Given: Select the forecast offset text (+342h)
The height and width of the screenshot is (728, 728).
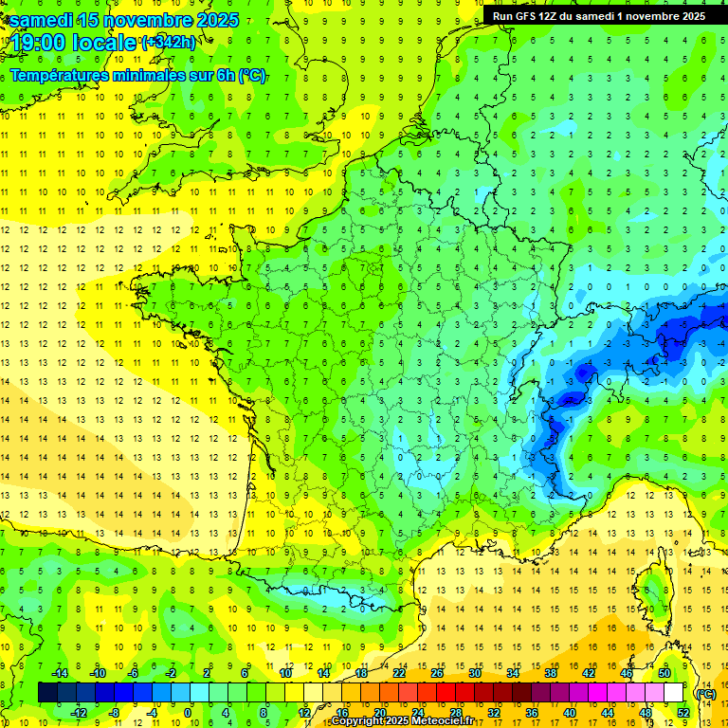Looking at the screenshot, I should (x=170, y=42).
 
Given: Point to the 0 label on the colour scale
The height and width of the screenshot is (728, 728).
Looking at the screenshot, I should (x=188, y=713).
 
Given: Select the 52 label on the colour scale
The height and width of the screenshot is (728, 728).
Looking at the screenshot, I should (x=684, y=713).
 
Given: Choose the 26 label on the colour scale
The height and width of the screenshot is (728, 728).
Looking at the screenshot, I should (x=436, y=673).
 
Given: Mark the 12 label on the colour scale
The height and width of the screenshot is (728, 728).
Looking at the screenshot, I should (x=304, y=713).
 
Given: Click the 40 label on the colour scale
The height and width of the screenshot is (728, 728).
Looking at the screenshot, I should (x=570, y=713).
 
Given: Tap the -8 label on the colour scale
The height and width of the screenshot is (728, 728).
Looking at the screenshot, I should (x=114, y=713).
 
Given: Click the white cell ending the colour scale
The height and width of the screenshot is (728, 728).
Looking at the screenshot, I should (x=674, y=693).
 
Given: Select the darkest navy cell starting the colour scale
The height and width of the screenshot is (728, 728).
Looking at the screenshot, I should (x=47, y=693).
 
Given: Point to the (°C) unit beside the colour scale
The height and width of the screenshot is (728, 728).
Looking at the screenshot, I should (x=706, y=693).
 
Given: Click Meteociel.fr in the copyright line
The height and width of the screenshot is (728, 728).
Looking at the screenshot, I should (x=446, y=721).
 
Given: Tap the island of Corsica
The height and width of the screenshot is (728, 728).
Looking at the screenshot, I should (x=652, y=592).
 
